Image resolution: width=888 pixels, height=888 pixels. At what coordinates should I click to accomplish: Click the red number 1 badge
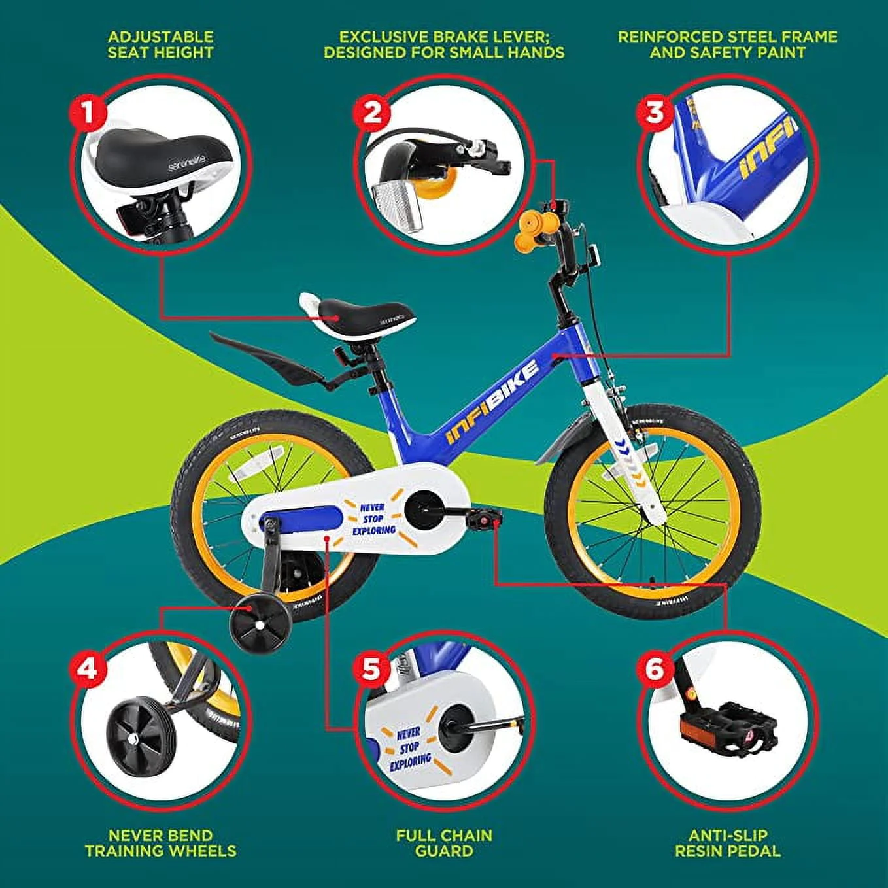[87, 112]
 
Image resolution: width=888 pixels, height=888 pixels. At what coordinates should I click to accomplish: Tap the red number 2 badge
[371, 112]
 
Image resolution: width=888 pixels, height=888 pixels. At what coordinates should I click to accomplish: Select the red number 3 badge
[655, 112]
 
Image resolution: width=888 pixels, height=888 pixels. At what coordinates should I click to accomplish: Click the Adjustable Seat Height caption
[161, 44]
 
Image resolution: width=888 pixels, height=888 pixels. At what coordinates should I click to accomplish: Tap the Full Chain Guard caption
[443, 843]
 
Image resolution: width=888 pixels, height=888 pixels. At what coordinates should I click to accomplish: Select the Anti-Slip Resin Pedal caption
[727, 843]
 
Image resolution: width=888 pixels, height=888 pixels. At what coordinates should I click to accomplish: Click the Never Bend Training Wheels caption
[161, 843]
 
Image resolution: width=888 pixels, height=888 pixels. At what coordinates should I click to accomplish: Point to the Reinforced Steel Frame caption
[727, 44]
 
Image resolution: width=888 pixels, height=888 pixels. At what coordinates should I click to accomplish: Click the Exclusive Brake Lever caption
[443, 44]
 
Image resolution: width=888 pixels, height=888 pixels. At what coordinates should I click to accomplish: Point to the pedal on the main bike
[483, 519]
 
